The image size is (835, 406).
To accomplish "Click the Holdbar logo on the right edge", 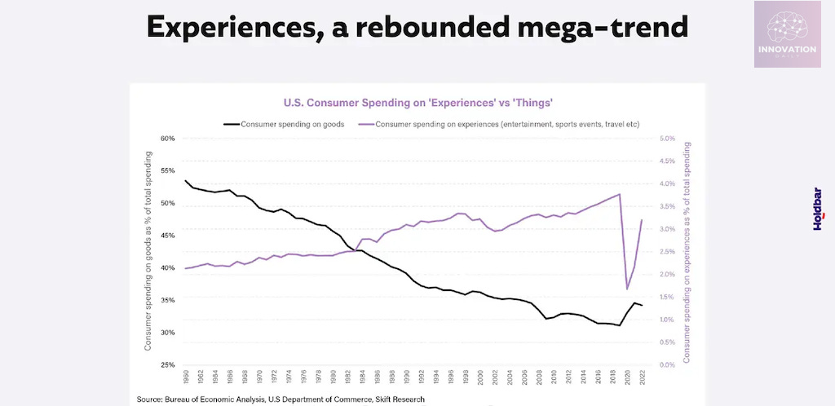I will click(x=818, y=210).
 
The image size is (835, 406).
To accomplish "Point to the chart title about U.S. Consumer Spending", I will click(x=418, y=103).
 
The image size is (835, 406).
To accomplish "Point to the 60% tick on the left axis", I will click(x=168, y=139).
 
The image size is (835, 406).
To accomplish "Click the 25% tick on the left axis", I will click(x=168, y=364).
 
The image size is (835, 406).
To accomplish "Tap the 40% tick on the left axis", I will click(x=168, y=268).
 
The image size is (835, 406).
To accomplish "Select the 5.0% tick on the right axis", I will click(x=666, y=139).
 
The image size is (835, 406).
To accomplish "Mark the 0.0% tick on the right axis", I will click(x=666, y=364).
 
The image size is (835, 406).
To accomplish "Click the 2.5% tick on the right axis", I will click(x=666, y=252).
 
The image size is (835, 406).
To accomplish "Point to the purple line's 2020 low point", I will click(x=627, y=289).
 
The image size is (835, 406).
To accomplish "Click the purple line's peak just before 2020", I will click(x=620, y=194).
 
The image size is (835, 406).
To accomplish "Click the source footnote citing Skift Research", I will click(x=281, y=399).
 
